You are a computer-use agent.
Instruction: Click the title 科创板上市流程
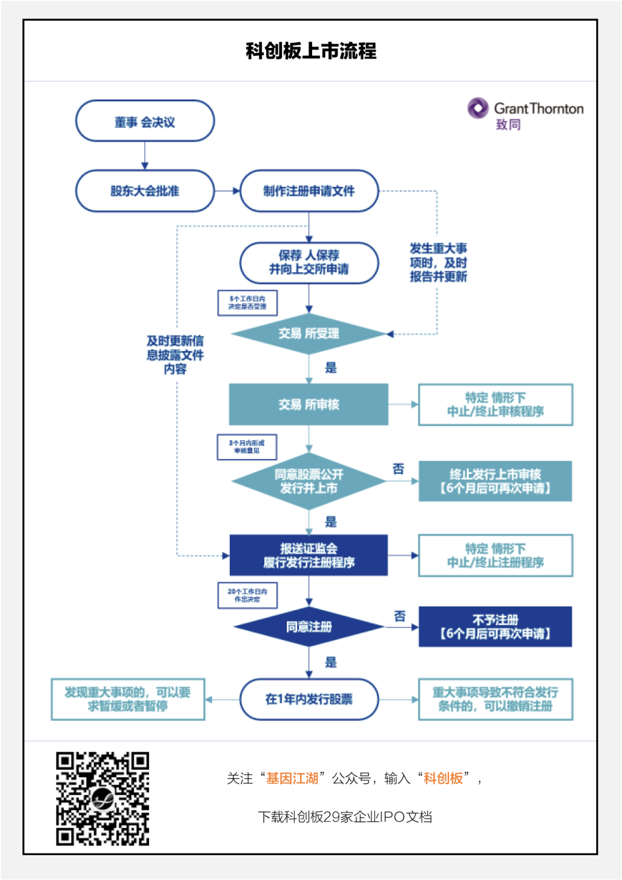311,51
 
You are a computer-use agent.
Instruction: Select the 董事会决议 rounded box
145,121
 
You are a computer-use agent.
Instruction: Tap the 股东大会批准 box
145,191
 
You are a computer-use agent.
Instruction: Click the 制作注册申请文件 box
309,191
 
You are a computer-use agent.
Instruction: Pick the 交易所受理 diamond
309,333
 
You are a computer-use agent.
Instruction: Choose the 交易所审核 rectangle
309,404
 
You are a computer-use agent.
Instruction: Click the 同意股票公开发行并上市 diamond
309,481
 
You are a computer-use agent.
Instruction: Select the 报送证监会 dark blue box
309,555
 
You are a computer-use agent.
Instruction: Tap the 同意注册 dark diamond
309,626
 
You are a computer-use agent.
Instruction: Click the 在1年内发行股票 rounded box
309,699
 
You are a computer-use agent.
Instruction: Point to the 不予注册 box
495,626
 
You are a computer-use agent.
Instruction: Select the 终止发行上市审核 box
495,481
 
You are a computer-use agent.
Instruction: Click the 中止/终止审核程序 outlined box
495,404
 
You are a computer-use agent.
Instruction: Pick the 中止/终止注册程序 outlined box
495,555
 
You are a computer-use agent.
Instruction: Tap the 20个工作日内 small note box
248,595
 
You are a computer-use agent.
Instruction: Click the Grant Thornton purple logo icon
478,108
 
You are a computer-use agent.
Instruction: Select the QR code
103,798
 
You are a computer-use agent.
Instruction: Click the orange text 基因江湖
292,779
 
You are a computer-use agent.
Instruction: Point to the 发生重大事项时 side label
438,262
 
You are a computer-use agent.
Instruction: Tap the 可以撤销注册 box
495,699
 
